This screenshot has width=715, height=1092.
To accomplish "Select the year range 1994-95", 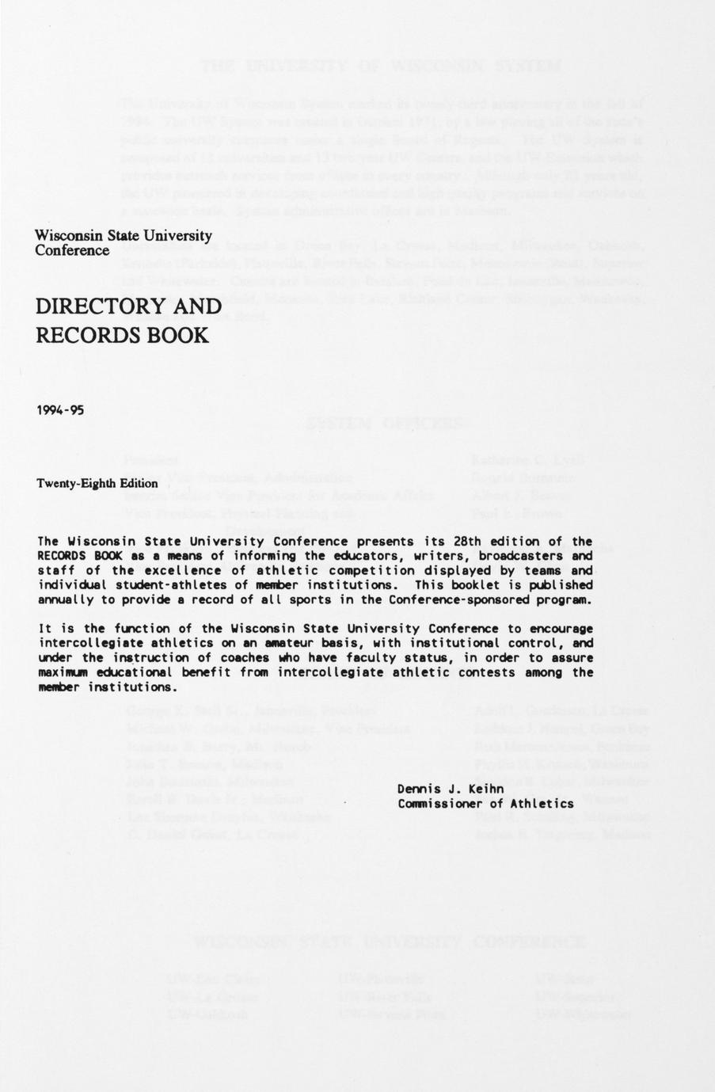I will click(60, 410).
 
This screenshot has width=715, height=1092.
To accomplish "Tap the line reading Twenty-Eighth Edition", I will click(97, 483).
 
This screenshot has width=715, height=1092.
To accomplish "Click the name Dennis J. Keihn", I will click(451, 789).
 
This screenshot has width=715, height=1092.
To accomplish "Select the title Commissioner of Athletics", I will click(485, 803).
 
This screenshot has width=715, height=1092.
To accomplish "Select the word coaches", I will click(239, 657).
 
